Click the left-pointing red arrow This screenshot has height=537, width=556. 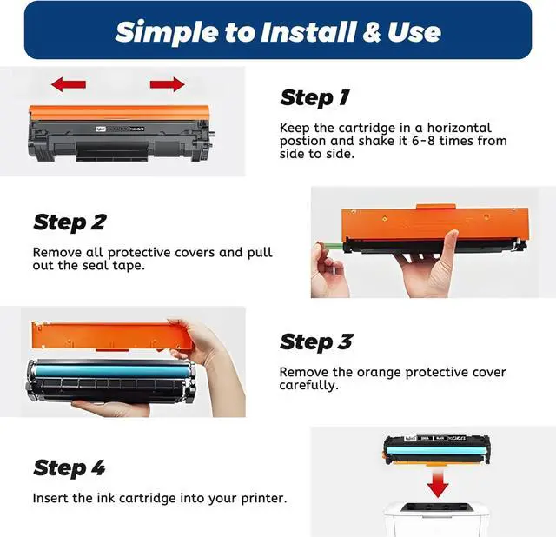tap(69, 84)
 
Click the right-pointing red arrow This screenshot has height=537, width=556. tap(168, 84)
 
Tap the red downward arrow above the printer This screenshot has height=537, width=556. tap(438, 482)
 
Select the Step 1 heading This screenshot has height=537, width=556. tap(314, 97)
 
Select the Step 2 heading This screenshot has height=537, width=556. tap(69, 222)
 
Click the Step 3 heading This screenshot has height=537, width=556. tap(316, 342)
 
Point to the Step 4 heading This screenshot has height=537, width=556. tap(69, 467)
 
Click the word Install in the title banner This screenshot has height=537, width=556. tap(308, 32)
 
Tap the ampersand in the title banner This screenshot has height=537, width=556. tap(372, 32)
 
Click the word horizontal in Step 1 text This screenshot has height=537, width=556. tap(460, 128)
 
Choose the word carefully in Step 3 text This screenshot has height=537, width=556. tap(309, 386)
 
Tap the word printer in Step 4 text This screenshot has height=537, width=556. tap(264, 499)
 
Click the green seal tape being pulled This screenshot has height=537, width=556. tap(330, 246)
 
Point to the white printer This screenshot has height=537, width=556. tap(437, 520)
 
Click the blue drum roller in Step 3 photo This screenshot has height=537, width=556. tap(113, 371)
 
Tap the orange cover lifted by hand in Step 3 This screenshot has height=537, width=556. tap(112, 335)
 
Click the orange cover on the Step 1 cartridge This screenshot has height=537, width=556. tap(119, 112)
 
